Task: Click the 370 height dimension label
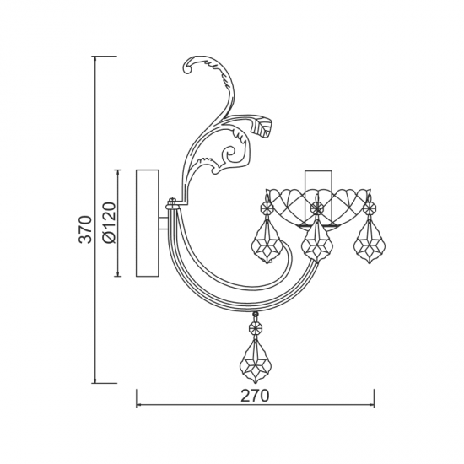(85, 229)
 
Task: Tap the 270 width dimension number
(255, 396)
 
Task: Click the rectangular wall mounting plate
(148, 223)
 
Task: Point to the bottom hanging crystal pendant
(255, 361)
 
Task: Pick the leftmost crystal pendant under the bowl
(267, 241)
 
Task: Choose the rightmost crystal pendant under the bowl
(369, 241)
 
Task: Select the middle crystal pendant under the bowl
(317, 241)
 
